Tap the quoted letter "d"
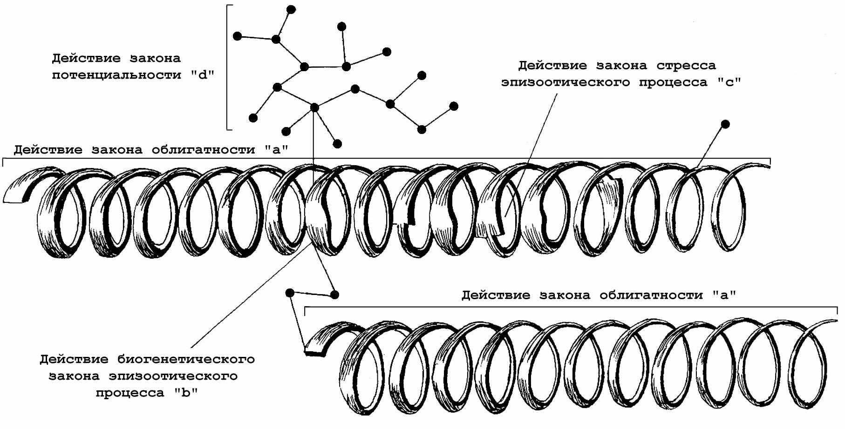202,75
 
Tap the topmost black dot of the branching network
291,9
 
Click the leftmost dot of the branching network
237,35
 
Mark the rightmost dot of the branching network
454,107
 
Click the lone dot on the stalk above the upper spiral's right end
725,124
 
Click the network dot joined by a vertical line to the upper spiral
314,107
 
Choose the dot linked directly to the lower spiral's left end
290,292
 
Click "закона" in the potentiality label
157,59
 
